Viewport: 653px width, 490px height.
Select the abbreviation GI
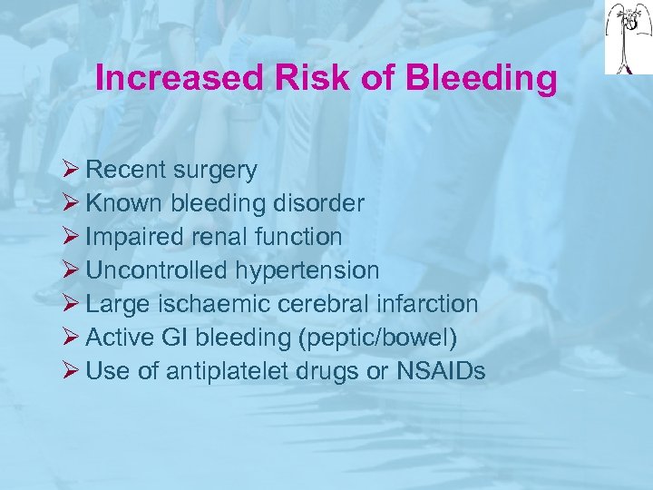tap(176, 338)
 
